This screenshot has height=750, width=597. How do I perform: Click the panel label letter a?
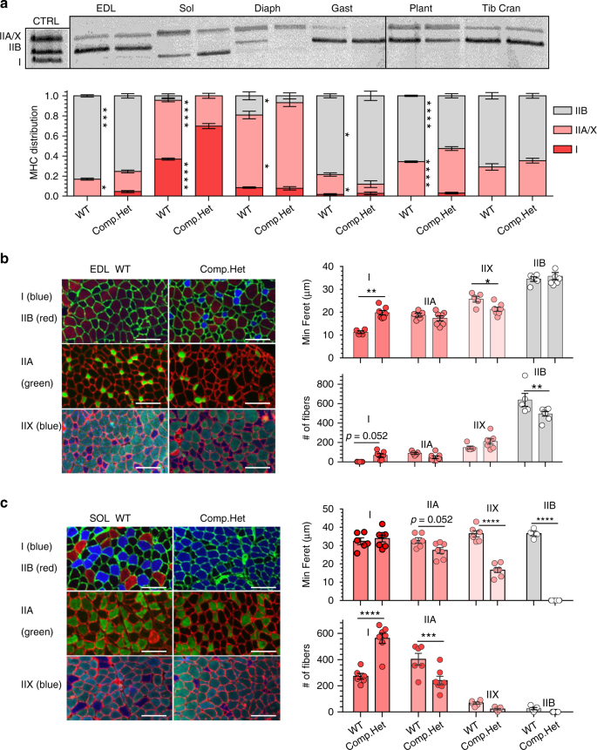pyautogui.click(x=6, y=6)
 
